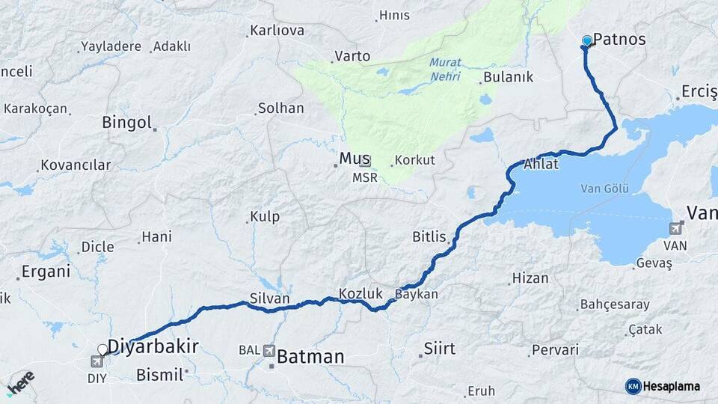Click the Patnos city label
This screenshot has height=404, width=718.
(619, 40)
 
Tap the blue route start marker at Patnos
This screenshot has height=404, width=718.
(587, 41)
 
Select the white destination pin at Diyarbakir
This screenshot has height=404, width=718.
(103, 349)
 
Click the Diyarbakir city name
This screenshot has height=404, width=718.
(153, 346)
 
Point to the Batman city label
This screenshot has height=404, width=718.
(310, 358)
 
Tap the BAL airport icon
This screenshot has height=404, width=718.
(269, 350)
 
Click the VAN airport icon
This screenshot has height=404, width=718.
(676, 228)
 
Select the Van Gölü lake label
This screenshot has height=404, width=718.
(607, 188)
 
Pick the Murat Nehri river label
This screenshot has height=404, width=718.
(445, 70)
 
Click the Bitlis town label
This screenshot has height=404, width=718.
(429, 236)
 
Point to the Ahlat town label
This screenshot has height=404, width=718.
(541, 164)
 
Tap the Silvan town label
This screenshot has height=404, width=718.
(270, 299)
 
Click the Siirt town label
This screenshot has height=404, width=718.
(439, 348)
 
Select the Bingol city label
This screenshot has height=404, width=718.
(126, 122)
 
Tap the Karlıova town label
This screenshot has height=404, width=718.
(277, 31)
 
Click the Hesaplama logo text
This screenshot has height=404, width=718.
(672, 386)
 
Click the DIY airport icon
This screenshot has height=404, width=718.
(97, 362)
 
